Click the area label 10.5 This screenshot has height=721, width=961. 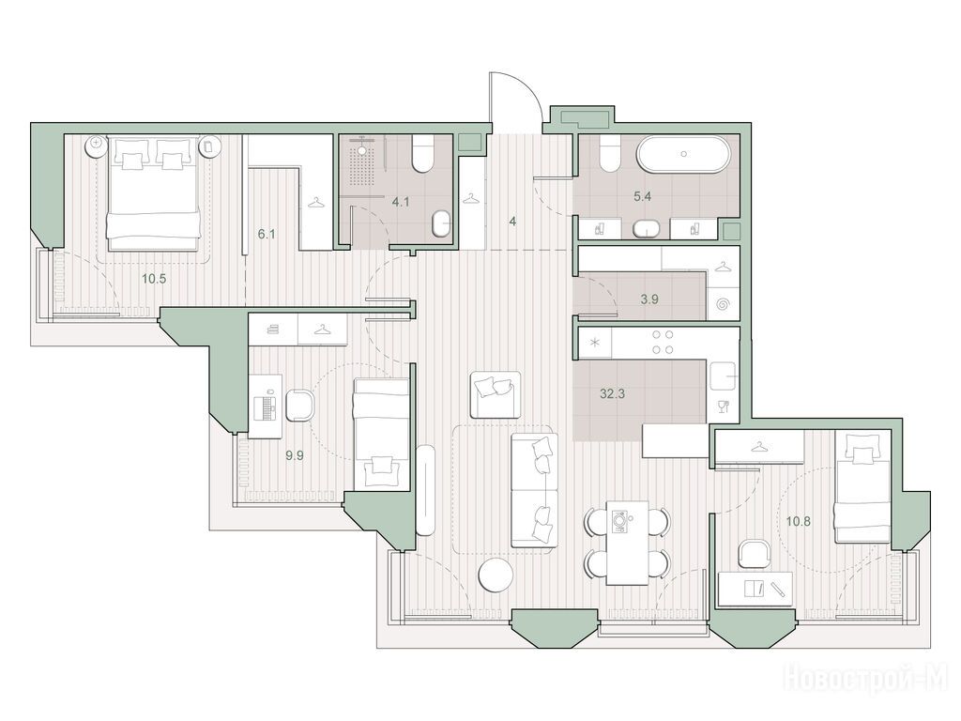click(154, 279)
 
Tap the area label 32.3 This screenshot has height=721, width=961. click(612, 393)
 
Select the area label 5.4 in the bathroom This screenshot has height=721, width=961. click(642, 197)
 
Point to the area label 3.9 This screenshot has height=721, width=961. click(649, 299)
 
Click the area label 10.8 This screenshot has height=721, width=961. click(798, 522)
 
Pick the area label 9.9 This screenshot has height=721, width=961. click(294, 455)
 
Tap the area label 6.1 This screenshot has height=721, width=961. click(266, 234)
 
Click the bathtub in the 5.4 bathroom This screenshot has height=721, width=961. click(683, 154)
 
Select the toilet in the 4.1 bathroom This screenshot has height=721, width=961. click(423, 153)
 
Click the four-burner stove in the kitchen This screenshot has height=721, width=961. click(662, 342)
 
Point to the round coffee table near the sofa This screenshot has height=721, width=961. click(496, 577)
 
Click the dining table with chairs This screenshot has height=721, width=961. click(627, 543)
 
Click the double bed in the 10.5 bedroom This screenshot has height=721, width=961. click(154, 193)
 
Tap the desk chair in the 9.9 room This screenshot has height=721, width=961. click(299, 406)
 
